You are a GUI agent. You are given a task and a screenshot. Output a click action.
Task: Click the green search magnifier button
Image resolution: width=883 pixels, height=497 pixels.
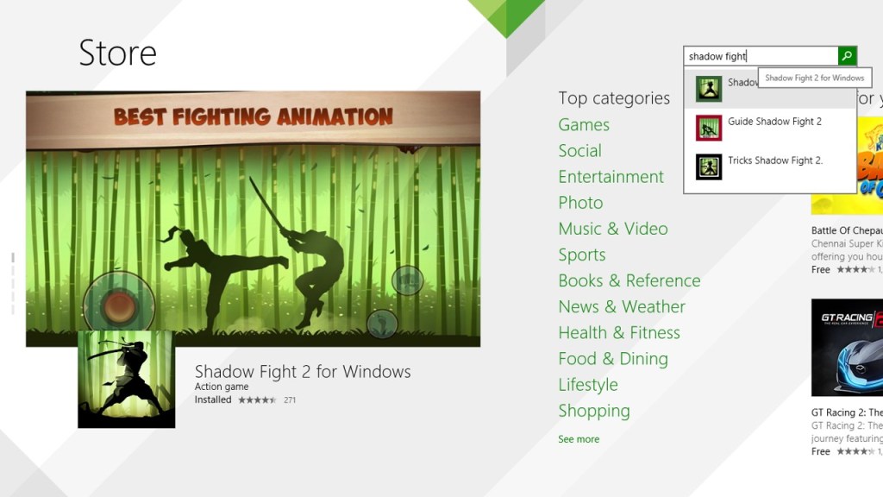click(x=848, y=56)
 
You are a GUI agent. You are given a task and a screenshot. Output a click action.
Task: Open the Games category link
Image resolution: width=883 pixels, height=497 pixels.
click(x=584, y=125)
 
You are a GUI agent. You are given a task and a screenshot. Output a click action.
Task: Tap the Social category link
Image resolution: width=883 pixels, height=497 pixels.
click(x=579, y=151)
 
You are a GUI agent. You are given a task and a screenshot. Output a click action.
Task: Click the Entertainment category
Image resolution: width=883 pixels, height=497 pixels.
click(x=611, y=177)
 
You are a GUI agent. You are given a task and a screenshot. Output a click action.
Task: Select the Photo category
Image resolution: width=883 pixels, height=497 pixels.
click(x=580, y=203)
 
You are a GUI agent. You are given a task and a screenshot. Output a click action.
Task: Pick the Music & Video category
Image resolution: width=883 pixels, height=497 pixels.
click(x=612, y=229)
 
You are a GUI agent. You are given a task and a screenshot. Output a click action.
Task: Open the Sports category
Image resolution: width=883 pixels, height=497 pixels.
click(x=582, y=255)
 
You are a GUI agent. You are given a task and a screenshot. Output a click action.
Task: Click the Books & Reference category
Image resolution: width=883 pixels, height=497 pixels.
click(x=629, y=281)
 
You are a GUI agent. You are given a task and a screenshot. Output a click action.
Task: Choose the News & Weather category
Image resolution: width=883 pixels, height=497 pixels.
click(x=622, y=307)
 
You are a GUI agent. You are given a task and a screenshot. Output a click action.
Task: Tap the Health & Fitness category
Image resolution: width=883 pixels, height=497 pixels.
click(x=618, y=333)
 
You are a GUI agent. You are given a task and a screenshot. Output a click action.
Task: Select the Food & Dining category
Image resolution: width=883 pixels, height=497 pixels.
click(x=612, y=359)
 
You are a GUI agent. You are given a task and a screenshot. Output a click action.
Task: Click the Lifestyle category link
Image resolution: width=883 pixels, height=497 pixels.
click(x=588, y=385)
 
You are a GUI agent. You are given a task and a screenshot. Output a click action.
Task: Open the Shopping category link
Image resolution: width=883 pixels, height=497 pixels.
click(x=594, y=411)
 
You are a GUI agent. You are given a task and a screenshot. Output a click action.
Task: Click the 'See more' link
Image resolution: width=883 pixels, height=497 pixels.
click(x=579, y=439)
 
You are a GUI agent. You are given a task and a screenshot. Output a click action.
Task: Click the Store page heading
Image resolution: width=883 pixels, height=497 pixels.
click(x=117, y=53)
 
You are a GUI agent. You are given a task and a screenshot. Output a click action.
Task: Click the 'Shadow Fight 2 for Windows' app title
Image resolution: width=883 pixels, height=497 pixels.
click(x=303, y=372)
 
